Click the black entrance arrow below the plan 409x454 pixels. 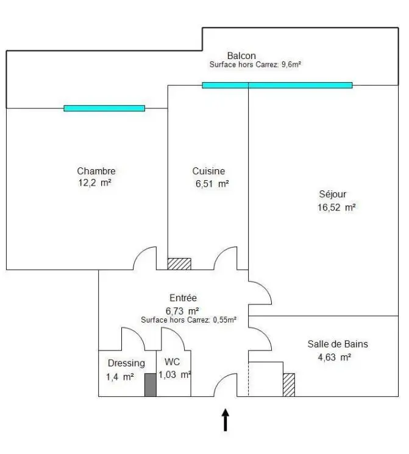click(226, 420)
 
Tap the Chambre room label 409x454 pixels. click(96, 171)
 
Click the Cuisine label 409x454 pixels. click(208, 171)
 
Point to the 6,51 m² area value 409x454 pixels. click(212, 183)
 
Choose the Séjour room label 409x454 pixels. click(333, 194)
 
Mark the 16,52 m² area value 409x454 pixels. click(336, 207)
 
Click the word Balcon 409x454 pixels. click(241, 56)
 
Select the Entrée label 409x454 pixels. click(183, 298)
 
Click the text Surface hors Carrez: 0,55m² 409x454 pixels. click(188, 319)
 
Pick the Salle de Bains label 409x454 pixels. click(338, 344)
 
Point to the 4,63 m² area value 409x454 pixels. click(333, 357)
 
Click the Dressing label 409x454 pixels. click(126, 363)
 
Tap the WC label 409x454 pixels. click(171, 362)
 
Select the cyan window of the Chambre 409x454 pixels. click(104, 108)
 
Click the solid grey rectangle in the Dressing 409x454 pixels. click(150, 385)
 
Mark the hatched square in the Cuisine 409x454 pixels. click(179, 264)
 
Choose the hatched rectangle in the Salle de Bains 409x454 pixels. click(288, 385)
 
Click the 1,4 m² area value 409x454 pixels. click(119, 377)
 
